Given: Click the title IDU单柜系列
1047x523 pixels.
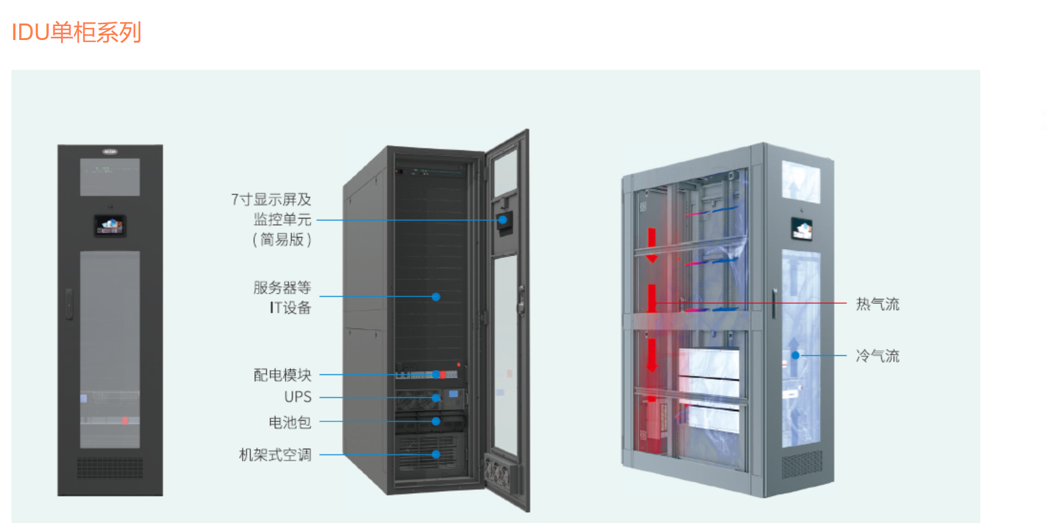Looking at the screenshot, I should (76, 32).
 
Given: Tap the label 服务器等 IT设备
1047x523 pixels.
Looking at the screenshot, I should (283, 297).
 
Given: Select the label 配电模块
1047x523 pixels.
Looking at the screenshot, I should (282, 375).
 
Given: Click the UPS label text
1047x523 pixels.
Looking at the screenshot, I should (298, 397).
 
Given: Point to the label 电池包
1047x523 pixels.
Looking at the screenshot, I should (290, 422).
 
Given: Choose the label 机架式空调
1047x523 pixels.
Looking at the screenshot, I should (275, 455).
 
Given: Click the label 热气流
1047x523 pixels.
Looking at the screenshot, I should (877, 304).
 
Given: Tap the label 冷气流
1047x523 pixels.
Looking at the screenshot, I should (877, 356).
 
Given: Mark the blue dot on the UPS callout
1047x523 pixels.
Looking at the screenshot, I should (436, 398).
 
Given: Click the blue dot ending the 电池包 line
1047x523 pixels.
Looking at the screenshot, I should (436, 421).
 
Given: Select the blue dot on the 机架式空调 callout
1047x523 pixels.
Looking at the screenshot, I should (436, 454).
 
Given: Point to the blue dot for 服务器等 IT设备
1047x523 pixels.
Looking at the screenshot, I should (436, 297).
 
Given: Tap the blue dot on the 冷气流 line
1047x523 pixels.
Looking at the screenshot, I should (795, 355).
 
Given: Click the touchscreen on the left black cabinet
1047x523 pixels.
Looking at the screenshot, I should (110, 225).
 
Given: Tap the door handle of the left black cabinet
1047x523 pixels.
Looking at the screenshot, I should (69, 304).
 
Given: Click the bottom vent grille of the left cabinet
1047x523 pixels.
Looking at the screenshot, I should (110, 467).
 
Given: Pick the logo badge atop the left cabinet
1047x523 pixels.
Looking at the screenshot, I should (110, 152).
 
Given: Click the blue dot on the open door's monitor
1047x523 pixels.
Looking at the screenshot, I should (503, 220).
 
